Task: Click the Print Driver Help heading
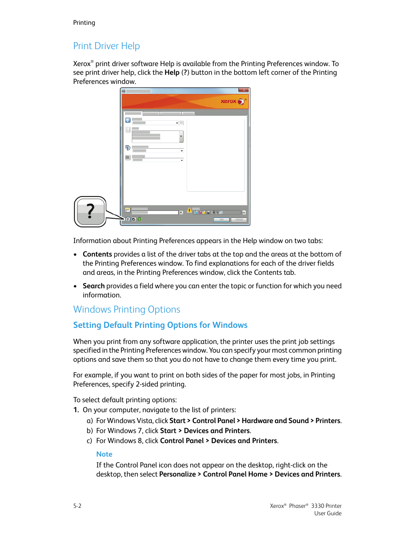tap(106, 46)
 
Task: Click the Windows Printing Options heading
tap(127, 310)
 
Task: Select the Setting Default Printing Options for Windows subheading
tap(160, 325)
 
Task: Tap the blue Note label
tap(104, 454)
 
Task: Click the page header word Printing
tap(84, 23)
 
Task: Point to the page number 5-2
tap(77, 506)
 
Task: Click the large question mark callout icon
tap(90, 212)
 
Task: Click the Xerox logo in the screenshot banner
tap(233, 101)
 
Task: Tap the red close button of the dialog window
tap(244, 90)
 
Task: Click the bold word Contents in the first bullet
tap(97, 254)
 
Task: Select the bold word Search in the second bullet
tap(94, 286)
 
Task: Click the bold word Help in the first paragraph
tap(172, 73)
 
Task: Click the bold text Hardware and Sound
tap(275, 421)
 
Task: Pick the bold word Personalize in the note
tap(177, 474)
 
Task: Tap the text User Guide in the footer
tap(328, 514)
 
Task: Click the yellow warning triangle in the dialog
tap(189, 210)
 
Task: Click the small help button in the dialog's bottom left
tap(128, 220)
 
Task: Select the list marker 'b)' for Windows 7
tap(90, 431)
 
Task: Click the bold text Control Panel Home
tap(235, 474)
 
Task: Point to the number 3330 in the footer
tap(318, 506)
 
